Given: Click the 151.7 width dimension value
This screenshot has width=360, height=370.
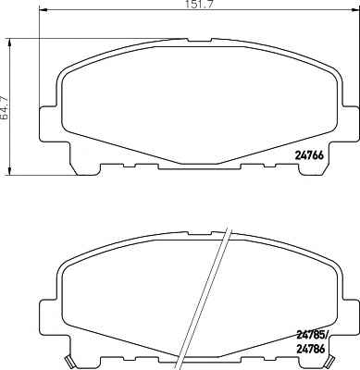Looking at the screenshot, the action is pos(200,5).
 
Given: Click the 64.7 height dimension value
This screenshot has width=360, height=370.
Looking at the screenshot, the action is pos(5,107).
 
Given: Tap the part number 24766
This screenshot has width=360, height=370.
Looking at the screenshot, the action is pos(309,155).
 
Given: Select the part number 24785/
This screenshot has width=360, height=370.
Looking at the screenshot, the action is pos(313,335).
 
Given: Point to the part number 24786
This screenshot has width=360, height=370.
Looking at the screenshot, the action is pos(310,349).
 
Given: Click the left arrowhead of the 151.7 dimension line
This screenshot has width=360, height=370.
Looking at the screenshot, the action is pos(43,11).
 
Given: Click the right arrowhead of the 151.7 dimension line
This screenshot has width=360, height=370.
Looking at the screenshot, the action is pos(354,11).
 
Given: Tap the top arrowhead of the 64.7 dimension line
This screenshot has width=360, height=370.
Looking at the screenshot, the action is pos(10,43).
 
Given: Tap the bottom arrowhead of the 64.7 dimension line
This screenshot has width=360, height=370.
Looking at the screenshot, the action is pos(10,171).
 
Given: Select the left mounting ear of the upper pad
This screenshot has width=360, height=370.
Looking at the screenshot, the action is pos(49,123).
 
